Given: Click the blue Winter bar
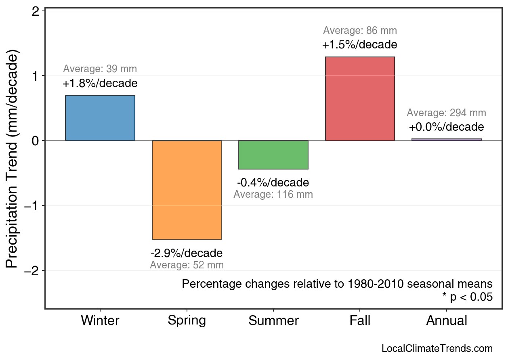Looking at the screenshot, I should point(100,118).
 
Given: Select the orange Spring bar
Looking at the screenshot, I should point(187,190).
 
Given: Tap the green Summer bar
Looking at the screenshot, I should point(273,155).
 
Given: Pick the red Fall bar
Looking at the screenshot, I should point(360,99).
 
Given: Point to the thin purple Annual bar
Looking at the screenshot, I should point(446,140).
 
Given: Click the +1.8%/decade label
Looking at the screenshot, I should point(100,84).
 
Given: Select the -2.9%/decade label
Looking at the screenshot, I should point(187,253).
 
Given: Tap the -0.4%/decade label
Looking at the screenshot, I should point(273,182).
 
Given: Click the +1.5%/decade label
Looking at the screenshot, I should point(360,44).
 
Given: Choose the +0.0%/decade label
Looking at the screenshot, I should point(446,127).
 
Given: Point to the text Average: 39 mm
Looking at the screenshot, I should point(100,69).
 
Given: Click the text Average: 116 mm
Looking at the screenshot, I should point(273,195).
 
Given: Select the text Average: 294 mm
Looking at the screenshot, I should point(446,113).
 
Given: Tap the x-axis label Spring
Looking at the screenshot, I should point(187,321).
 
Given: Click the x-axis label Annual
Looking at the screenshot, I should point(446,321).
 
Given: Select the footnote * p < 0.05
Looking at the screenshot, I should point(467,297).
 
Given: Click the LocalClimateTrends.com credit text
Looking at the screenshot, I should point(437,349).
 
